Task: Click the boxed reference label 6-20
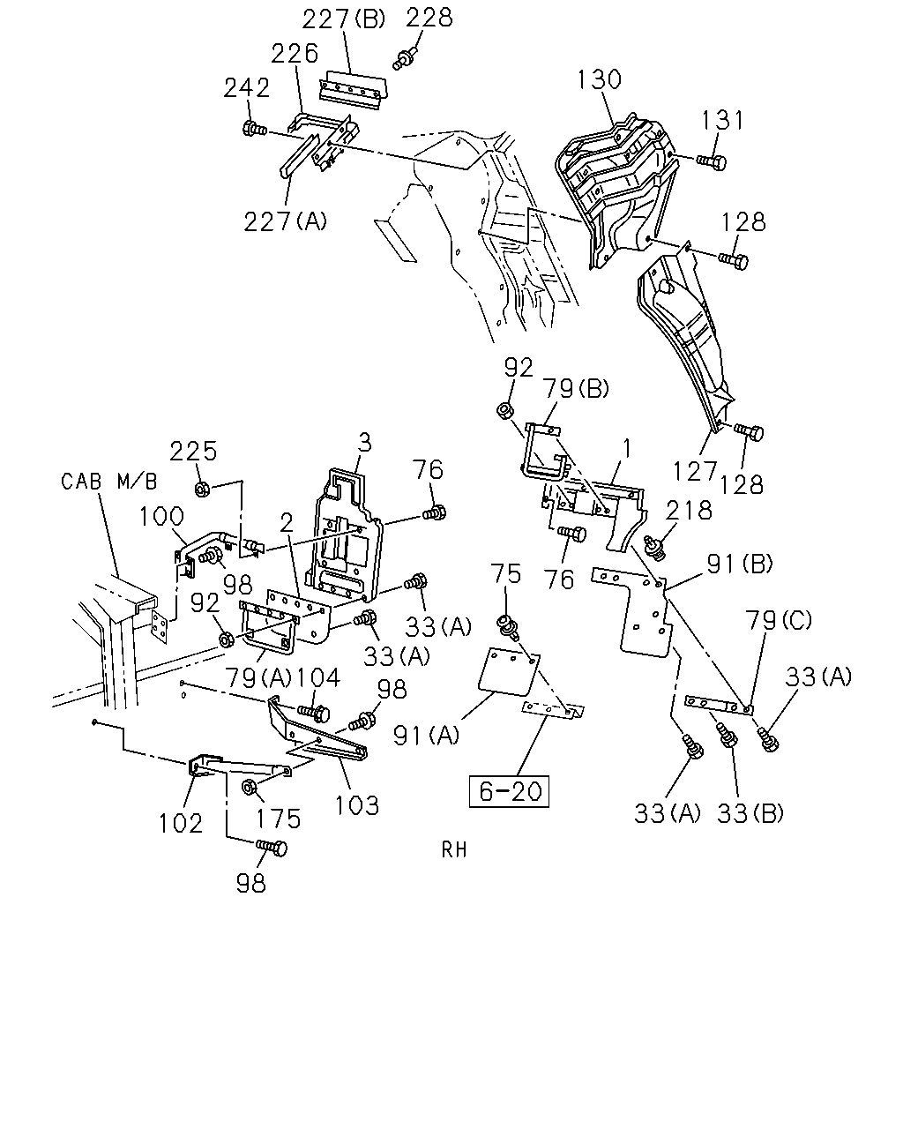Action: (509, 790)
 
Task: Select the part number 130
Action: (599, 79)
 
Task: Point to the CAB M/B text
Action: (109, 481)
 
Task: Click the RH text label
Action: (454, 850)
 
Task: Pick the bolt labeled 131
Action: (713, 161)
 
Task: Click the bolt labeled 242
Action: (255, 128)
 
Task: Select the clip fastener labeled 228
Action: (405, 58)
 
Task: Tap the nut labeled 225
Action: (202, 490)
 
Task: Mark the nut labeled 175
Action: (248, 788)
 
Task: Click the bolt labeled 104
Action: (314, 713)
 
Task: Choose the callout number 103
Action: (357, 806)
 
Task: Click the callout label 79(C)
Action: (779, 620)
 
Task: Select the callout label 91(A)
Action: (426, 736)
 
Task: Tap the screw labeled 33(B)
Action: (728, 735)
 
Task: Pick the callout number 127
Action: (694, 471)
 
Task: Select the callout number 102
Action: (181, 824)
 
